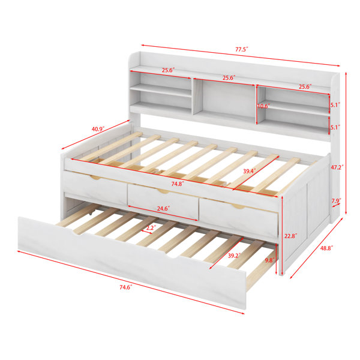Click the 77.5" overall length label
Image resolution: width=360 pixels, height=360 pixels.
(x=242, y=49)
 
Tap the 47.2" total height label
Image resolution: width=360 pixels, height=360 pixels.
(x=337, y=167)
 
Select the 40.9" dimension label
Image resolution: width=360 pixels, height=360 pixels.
(x=98, y=129)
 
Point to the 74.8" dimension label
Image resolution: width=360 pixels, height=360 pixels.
(x=178, y=184)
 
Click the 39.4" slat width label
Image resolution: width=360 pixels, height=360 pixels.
(x=250, y=171)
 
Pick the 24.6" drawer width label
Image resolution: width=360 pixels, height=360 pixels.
(x=163, y=208)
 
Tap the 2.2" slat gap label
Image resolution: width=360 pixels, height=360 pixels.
(x=151, y=228)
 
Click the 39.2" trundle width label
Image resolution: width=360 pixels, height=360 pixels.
(x=234, y=256)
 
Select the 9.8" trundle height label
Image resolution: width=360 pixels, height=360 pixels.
(x=270, y=260)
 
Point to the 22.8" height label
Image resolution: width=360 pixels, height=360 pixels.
(x=290, y=236)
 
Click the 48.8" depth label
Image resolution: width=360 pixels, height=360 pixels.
(x=326, y=248)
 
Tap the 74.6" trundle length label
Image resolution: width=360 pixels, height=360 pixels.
(x=126, y=287)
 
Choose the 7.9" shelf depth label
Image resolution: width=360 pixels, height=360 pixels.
(x=336, y=200)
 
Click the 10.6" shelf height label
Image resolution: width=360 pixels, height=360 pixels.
(x=263, y=106)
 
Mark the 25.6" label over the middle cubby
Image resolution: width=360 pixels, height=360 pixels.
(x=229, y=78)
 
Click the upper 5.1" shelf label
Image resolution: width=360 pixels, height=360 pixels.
(x=335, y=104)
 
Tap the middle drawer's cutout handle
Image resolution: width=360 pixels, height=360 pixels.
(x=163, y=191)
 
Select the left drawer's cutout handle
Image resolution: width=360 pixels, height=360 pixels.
(x=96, y=177)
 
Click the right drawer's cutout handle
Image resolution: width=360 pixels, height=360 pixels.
(x=238, y=206)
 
